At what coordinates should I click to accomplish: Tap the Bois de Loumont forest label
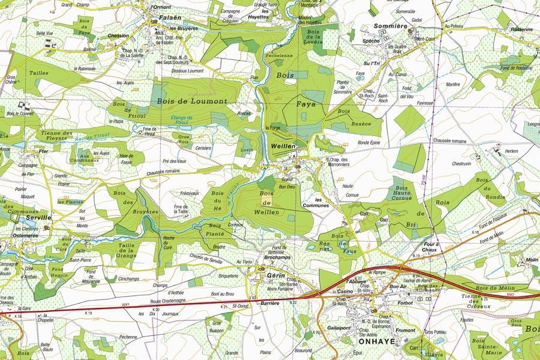click(x=192, y=101)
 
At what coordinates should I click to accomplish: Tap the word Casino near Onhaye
click(x=344, y=291)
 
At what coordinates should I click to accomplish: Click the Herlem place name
click(x=511, y=151)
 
